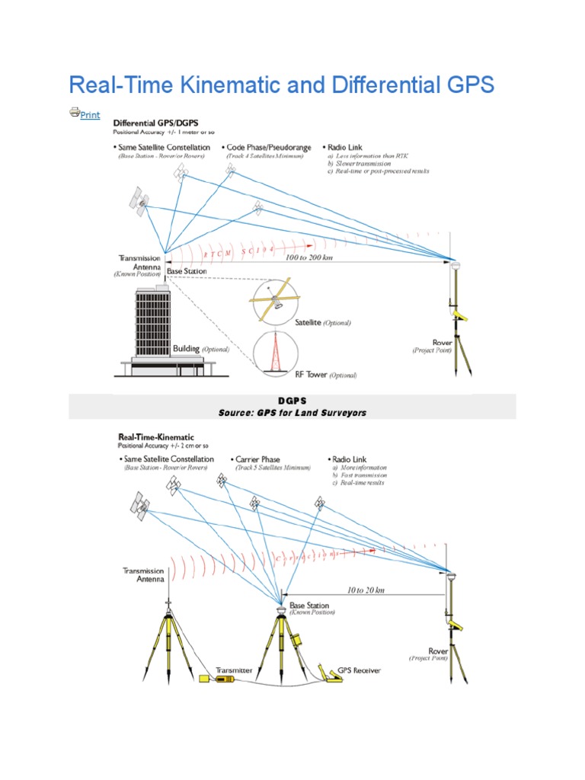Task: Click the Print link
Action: pos(89,115)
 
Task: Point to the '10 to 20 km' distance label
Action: pos(365,590)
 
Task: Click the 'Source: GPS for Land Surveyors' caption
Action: pos(292,413)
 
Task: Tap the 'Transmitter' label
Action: pos(233,670)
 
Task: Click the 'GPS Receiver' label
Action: pos(353,670)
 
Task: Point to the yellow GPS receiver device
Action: pos(335,672)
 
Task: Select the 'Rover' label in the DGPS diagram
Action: pos(443,343)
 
